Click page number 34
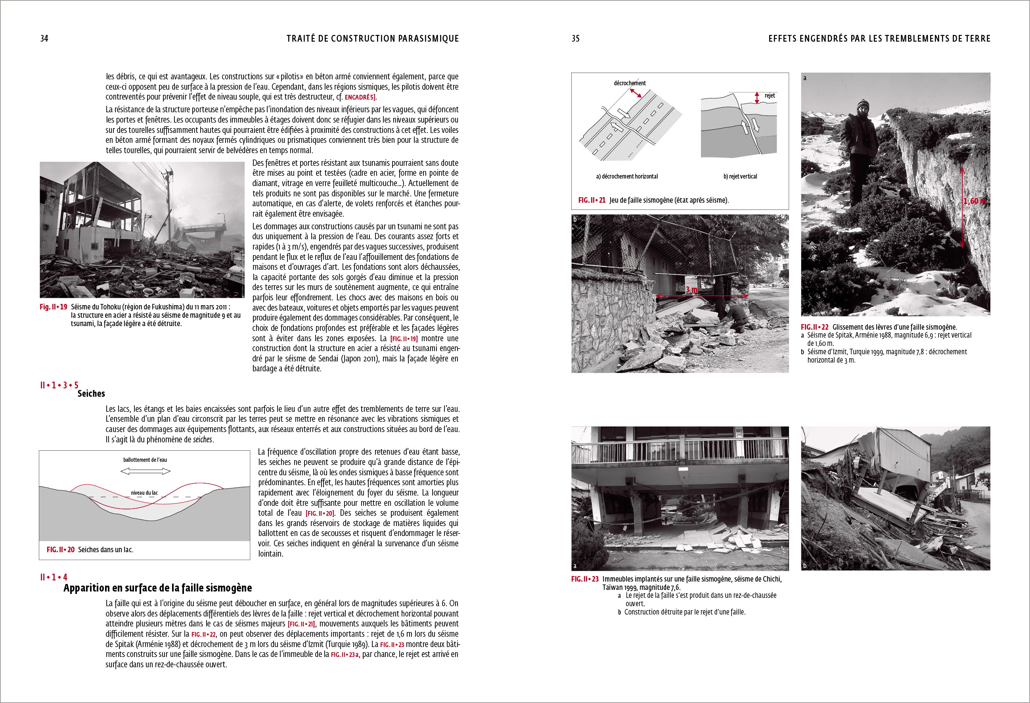click(44, 38)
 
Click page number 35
click(575, 38)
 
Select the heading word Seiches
click(91, 394)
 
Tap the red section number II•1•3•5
click(59, 385)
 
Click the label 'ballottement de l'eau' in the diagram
click(145, 460)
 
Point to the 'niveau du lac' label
click(144, 493)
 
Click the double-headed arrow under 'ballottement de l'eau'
click(146, 471)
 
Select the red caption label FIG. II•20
click(60, 549)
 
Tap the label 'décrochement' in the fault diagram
click(629, 83)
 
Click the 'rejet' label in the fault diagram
click(770, 95)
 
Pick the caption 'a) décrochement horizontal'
click(627, 177)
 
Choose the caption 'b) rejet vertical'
click(740, 177)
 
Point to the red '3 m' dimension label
click(691, 290)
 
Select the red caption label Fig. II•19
click(53, 307)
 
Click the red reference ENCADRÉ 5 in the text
click(360, 97)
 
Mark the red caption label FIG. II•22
click(814, 327)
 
